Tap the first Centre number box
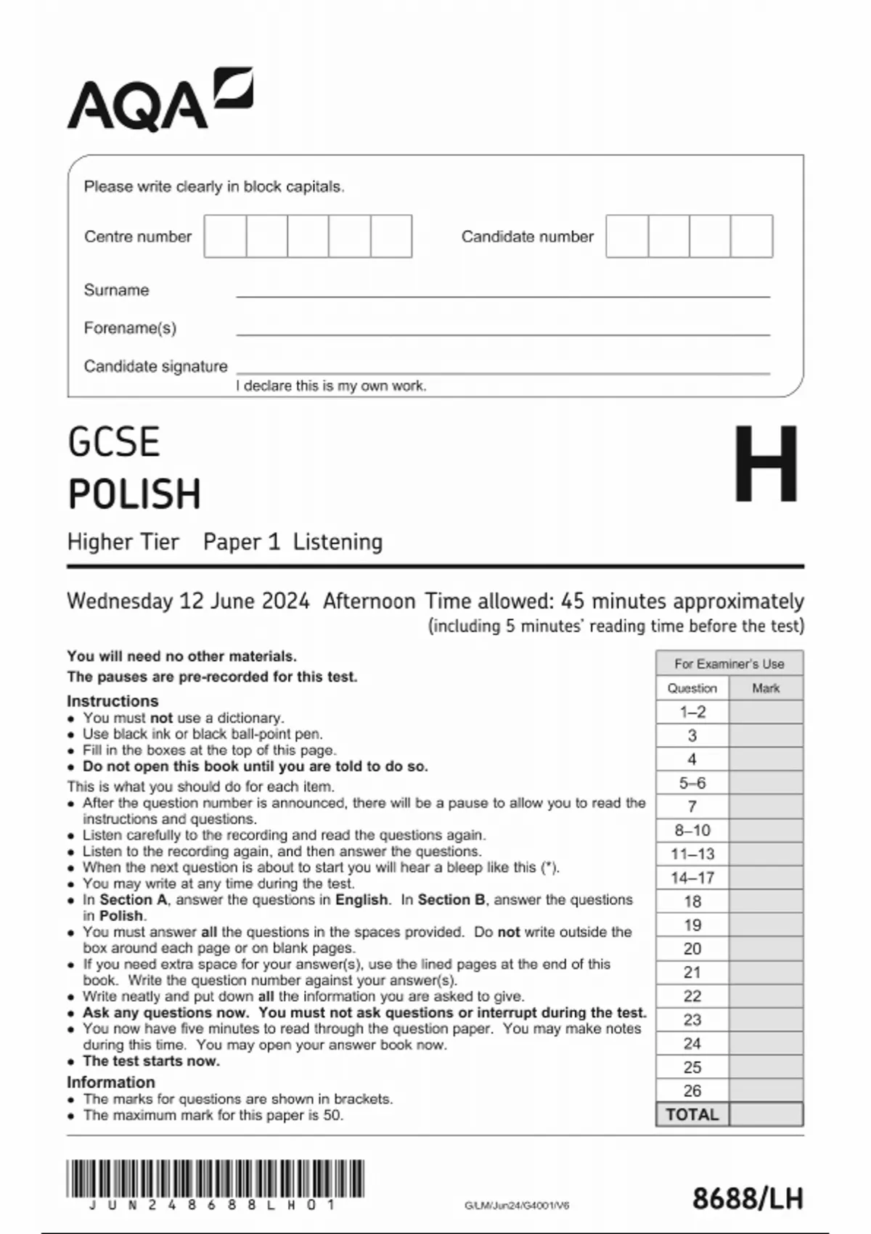pyautogui.click(x=225, y=236)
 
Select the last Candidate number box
pyautogui.click(x=751, y=236)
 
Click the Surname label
pyautogui.click(x=116, y=290)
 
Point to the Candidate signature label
pyautogui.click(x=155, y=366)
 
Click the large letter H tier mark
pyautogui.click(x=766, y=464)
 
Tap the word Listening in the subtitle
pyautogui.click(x=338, y=542)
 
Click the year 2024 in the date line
pyautogui.click(x=285, y=601)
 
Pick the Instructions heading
pyautogui.click(x=113, y=700)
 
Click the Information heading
pyautogui.click(x=110, y=1082)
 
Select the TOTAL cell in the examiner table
pyautogui.click(x=692, y=1114)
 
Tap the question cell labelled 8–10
pyautogui.click(x=692, y=830)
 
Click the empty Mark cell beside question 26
pyautogui.click(x=766, y=1090)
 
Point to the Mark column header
pyautogui.click(x=766, y=687)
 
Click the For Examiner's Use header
pyautogui.click(x=729, y=663)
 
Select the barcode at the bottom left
pyautogui.click(x=215, y=1179)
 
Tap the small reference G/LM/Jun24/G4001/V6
pyautogui.click(x=517, y=1206)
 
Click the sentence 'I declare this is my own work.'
pyautogui.click(x=331, y=386)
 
